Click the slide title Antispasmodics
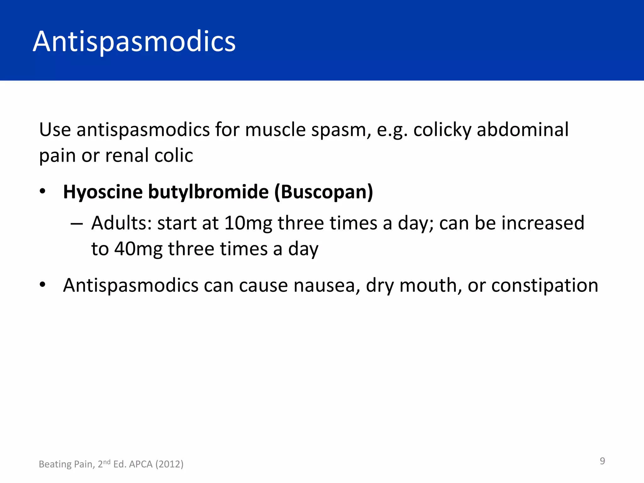coord(134,42)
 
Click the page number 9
coord(602,461)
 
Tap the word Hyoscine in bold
coord(103,192)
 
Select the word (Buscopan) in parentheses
coord(324,192)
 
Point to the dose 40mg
coord(138,249)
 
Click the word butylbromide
coord(208,192)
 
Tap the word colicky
coord(442,130)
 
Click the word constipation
coord(545,286)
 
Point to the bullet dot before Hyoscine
coord(43,191)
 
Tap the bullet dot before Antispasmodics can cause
coord(43,285)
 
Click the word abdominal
coord(523,130)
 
